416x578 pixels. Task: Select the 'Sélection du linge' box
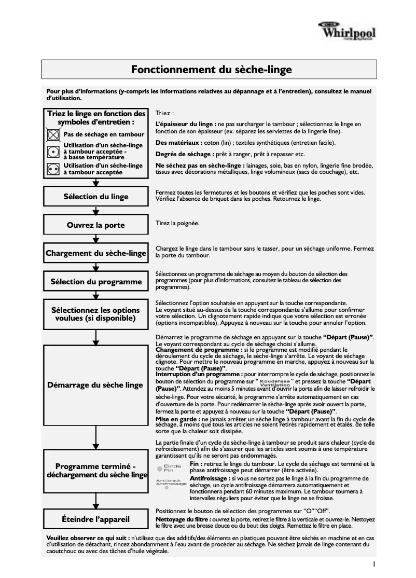pos(96,197)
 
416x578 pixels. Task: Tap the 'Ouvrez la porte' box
pos(96,225)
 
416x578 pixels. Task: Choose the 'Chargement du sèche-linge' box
pos(96,254)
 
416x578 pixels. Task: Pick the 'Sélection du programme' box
pos(96,282)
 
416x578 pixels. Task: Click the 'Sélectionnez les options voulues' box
pos(96,314)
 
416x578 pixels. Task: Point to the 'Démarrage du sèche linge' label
pos(96,385)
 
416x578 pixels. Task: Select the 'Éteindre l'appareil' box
pos(96,518)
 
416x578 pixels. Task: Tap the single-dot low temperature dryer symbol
pos(52,152)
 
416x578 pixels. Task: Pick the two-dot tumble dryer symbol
pos(52,169)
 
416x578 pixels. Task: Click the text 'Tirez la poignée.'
pos(177,223)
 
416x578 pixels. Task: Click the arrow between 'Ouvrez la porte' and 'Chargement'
pos(96,239)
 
